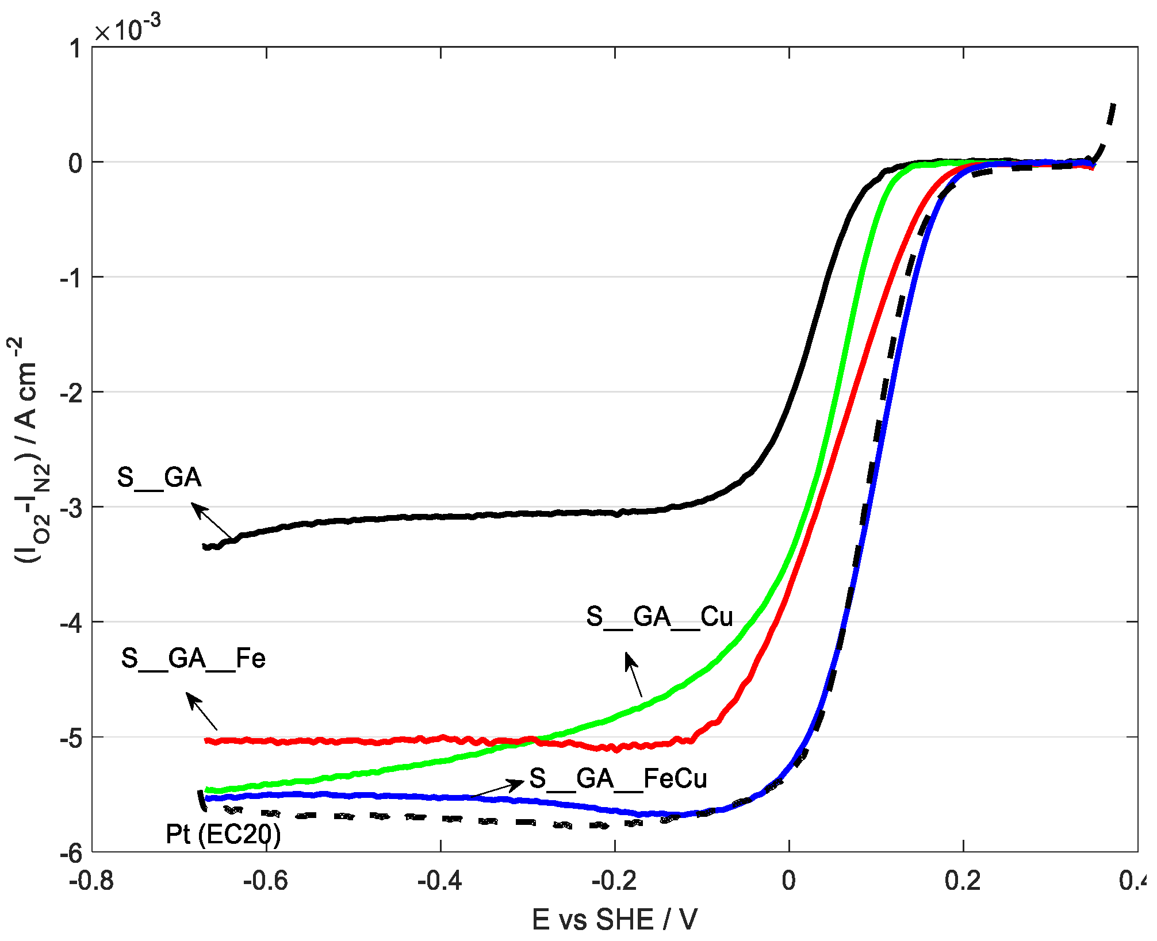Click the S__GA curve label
(159, 478)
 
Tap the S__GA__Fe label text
(193, 658)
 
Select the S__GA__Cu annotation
(659, 617)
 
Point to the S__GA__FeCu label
(618, 779)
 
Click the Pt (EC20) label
(223, 834)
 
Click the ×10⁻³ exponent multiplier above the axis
(127, 29)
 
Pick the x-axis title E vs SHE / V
(614, 919)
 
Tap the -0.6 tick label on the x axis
(265, 881)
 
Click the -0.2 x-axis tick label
(614, 881)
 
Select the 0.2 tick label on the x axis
(963, 881)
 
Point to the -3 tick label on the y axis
(71, 508)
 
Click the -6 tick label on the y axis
(71, 853)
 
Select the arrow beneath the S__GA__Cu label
(633, 674)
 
